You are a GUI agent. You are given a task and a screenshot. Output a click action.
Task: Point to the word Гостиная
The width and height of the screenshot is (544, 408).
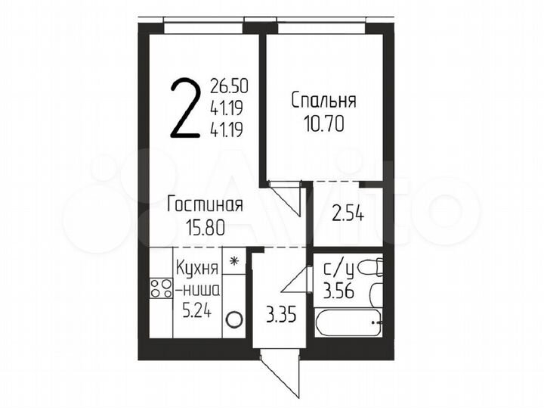[x=205, y=204]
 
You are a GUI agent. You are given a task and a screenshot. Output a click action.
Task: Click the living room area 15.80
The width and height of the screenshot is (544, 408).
[x=205, y=225]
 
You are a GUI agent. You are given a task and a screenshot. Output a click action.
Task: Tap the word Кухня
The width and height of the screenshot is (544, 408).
[x=197, y=267]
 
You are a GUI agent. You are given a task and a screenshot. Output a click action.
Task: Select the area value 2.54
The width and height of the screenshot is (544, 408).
[x=348, y=214]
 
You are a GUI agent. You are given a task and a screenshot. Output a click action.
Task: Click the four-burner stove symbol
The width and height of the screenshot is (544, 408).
[x=161, y=288]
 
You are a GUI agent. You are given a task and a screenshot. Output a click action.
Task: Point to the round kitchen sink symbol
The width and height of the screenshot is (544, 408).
[x=234, y=320]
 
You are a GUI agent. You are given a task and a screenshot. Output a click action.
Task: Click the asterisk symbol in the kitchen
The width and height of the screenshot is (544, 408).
[x=234, y=261]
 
